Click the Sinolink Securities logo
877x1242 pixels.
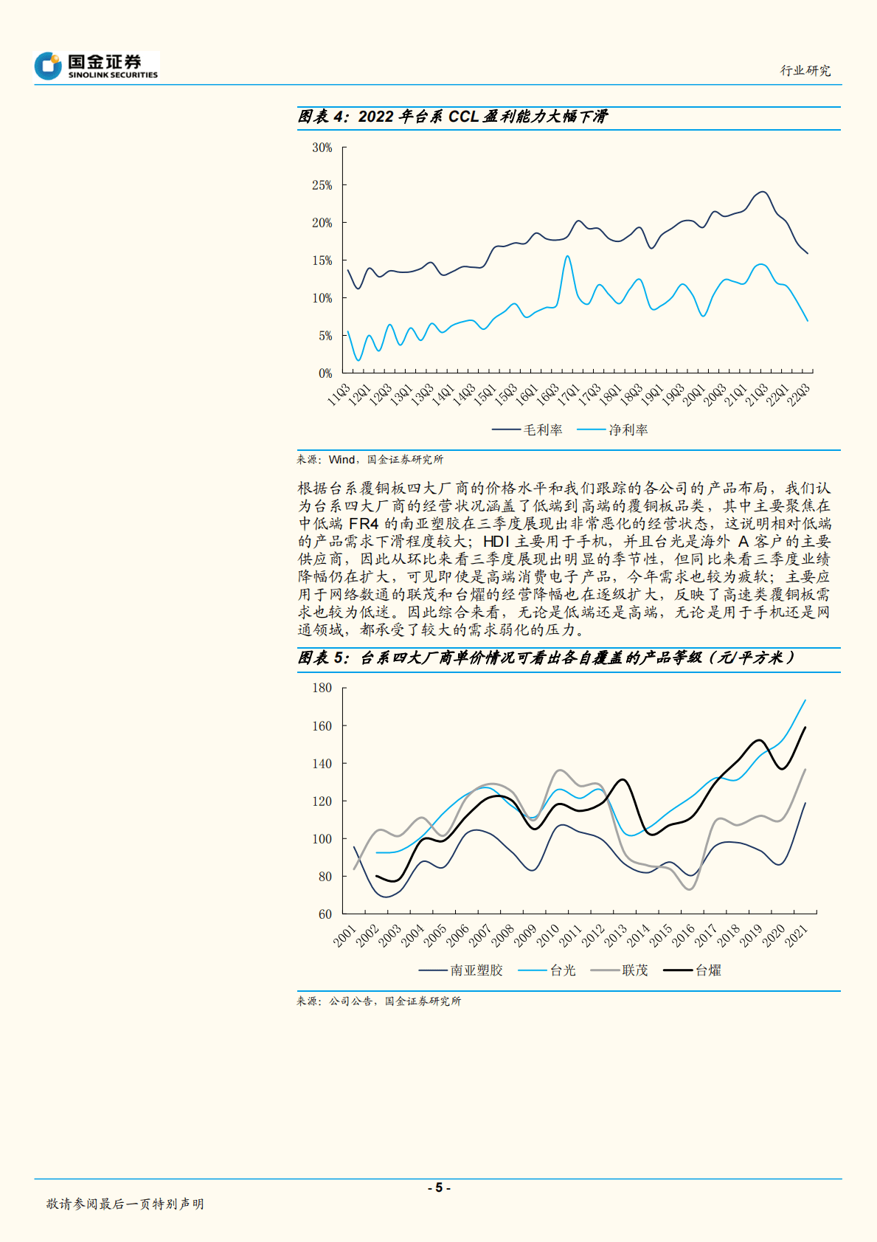point(96,66)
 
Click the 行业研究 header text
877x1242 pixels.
point(805,71)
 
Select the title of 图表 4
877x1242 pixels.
point(452,117)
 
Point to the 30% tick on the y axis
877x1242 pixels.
point(322,148)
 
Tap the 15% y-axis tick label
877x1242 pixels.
point(322,261)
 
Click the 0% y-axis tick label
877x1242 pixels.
point(325,373)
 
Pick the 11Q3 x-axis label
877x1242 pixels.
point(339,394)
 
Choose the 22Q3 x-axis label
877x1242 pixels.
point(799,394)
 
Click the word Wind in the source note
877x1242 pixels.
point(342,460)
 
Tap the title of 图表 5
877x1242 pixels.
point(546,658)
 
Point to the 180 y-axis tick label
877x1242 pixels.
point(322,688)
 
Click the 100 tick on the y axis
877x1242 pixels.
point(322,839)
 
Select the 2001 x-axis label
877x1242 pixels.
point(345,936)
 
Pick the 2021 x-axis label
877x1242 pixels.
point(797,936)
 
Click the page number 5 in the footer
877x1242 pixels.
point(439,1187)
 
